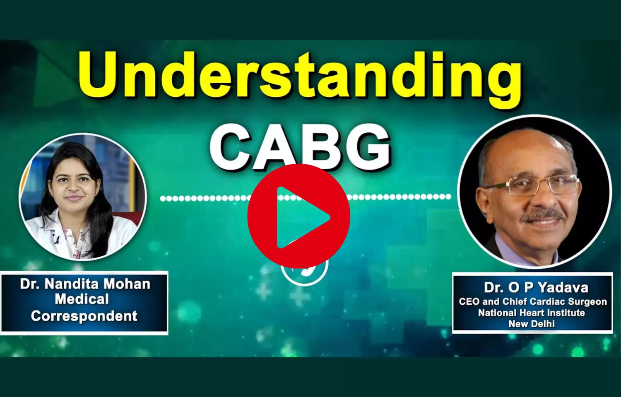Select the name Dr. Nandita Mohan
coord(85,284)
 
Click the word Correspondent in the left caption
coord(84,316)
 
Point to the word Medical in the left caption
coord(82,299)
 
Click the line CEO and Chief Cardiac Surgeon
coord(532,301)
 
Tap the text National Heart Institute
coord(532,313)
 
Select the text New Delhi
coord(532,324)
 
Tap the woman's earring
coord(99,187)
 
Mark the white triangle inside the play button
coord(303,218)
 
